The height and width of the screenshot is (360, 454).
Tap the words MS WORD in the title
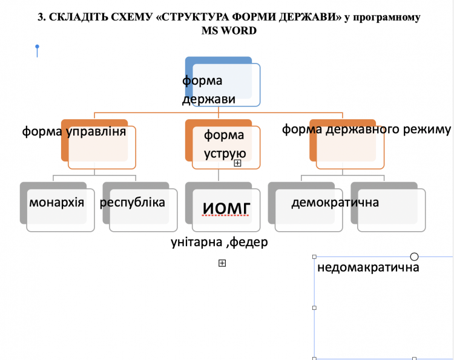(229, 30)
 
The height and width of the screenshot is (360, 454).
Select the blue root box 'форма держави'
(223, 82)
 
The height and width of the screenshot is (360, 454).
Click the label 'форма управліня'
(74, 131)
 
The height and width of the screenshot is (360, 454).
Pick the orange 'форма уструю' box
(223, 144)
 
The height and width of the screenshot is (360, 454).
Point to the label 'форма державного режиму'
(367, 129)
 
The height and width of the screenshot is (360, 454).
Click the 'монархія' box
(58, 207)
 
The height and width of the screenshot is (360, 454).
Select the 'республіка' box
(140, 207)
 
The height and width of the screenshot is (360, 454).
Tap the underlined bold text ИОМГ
(226, 208)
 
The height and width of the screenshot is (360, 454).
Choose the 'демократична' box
(306, 207)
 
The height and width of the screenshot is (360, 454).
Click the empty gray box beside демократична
(388, 207)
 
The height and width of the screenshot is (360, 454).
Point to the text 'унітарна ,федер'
(219, 242)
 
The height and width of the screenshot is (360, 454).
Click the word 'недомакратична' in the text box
(368, 267)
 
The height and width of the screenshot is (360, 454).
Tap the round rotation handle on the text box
(414, 257)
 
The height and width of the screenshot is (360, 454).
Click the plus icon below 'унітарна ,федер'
(222, 263)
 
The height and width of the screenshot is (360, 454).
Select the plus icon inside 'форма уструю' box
(237, 163)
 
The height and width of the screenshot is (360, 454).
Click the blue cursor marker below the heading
(37, 51)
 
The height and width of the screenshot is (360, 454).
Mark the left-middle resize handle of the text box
(314, 308)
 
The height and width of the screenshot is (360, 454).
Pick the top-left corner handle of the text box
(314, 257)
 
